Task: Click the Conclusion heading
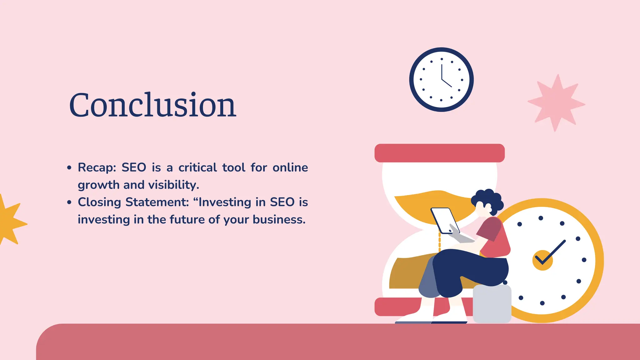coord(152,105)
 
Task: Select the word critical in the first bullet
coord(197,168)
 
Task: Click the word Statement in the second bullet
coord(157,202)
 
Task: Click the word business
coord(279,219)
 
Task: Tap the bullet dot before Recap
coord(69,168)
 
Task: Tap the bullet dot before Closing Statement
coord(69,202)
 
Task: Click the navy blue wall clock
coord(441,79)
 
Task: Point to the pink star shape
coord(556,103)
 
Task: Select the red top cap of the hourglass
coord(439,153)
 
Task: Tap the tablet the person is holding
coord(444,220)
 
